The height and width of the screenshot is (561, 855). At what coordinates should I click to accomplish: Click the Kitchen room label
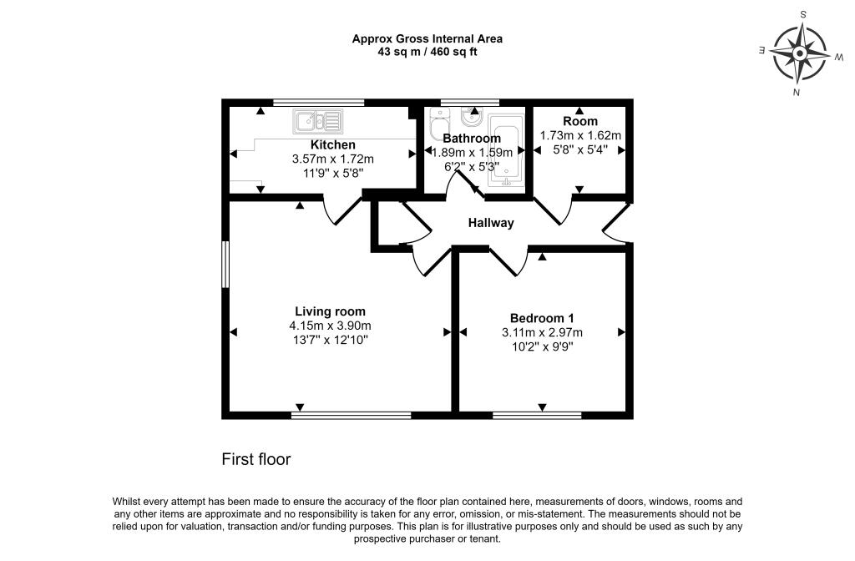pyautogui.click(x=332, y=145)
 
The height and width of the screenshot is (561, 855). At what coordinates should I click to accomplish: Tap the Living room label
pyautogui.click(x=330, y=311)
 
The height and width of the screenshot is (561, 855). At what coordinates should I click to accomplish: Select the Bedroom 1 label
pyautogui.click(x=542, y=318)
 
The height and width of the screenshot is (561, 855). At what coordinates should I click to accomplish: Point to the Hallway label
pyautogui.click(x=491, y=223)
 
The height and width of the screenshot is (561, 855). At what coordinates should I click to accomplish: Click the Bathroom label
pyautogui.click(x=472, y=139)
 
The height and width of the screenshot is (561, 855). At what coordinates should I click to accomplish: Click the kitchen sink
pyautogui.click(x=318, y=122)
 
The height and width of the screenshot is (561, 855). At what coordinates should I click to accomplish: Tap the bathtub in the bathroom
pyautogui.click(x=506, y=150)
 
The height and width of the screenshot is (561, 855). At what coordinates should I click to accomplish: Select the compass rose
pyautogui.click(x=799, y=53)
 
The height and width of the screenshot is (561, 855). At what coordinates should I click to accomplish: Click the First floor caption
pyautogui.click(x=256, y=460)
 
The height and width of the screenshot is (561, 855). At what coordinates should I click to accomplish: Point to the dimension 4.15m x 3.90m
pyautogui.click(x=330, y=326)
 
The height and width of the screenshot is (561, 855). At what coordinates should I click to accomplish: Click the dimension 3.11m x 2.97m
pyautogui.click(x=542, y=332)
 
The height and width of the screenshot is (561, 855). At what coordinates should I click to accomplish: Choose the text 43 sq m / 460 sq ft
pyautogui.click(x=427, y=53)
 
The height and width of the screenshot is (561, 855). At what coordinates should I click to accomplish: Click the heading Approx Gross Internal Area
pyautogui.click(x=427, y=38)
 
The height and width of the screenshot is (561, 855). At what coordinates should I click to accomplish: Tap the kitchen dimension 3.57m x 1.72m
pyautogui.click(x=332, y=159)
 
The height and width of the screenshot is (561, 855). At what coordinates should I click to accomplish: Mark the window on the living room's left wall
pyautogui.click(x=225, y=264)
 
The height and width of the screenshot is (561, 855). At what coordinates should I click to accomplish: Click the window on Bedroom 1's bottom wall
pyautogui.click(x=537, y=416)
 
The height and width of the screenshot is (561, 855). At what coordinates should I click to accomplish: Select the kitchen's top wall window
pyautogui.click(x=319, y=102)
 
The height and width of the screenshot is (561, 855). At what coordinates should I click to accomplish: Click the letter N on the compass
pyautogui.click(x=797, y=92)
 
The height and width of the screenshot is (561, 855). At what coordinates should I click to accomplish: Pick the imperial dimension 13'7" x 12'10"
pyautogui.click(x=330, y=341)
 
